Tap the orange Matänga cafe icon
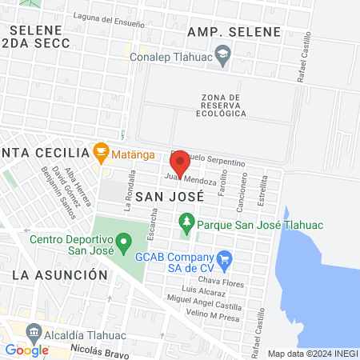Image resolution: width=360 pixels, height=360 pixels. pos(100,150)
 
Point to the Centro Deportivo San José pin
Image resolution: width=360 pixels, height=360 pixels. pos(123,240)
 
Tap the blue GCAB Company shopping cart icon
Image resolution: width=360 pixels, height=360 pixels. pos(225,258)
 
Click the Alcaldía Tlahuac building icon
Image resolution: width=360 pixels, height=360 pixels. pos(34,331)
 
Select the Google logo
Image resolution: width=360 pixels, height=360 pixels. pos(26,350)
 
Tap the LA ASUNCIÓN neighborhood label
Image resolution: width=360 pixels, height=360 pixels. pos(60,274)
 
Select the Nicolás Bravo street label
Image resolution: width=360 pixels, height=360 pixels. pos(99,349)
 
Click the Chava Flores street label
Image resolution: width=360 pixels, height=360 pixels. pos(220,282)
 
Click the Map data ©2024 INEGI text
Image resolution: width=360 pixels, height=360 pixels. pos(311,354)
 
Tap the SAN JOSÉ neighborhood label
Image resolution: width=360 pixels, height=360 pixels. pos(165,195)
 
